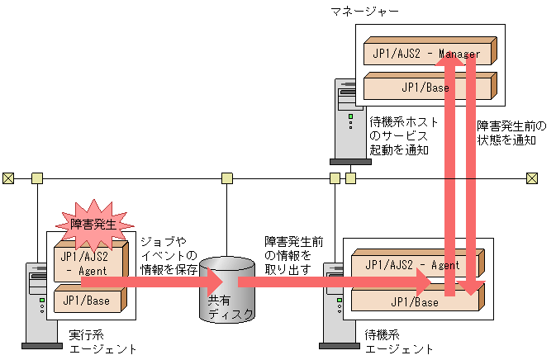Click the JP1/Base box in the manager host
[421, 86]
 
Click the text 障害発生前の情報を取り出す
[293, 253]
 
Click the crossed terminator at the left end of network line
[7, 178]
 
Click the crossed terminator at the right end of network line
[532, 178]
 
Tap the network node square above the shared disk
[226, 178]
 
